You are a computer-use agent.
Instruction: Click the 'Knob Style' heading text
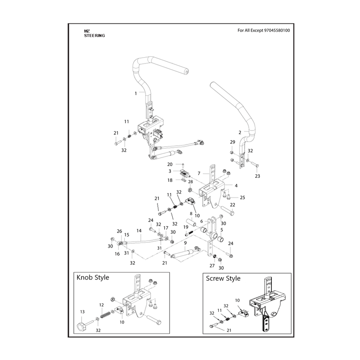point(93,278)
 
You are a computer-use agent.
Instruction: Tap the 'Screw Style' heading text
point(223,279)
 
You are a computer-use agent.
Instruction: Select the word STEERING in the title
point(94,36)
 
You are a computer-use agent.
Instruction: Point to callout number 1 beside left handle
point(136,94)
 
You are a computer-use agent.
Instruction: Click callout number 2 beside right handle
point(240,132)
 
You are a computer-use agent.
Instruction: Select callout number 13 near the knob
point(82,312)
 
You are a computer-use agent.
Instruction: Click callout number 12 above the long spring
point(102,305)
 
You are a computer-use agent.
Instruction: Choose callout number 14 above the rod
point(139,231)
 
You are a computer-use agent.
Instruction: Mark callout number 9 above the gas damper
point(185,243)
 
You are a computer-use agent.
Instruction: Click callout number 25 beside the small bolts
point(243,198)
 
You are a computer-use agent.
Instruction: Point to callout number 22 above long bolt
point(233,205)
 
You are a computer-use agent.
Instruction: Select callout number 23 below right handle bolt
point(257,176)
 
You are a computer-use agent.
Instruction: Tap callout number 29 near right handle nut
point(233,142)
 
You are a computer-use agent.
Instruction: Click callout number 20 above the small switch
point(170,164)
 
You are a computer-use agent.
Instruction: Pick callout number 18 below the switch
point(170,180)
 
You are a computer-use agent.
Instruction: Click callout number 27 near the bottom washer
point(212,265)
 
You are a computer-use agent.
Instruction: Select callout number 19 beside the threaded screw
point(186,227)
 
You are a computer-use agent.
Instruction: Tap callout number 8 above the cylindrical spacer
point(191,214)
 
